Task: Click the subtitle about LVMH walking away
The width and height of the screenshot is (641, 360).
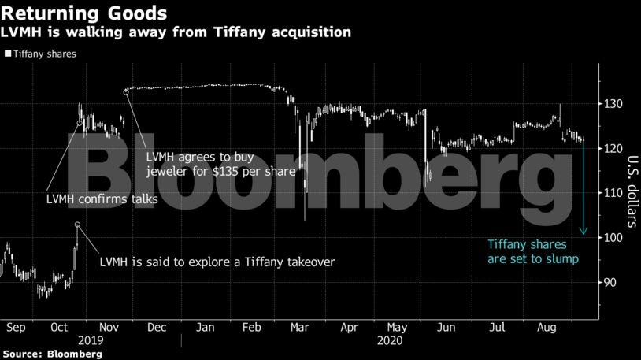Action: [x=177, y=33]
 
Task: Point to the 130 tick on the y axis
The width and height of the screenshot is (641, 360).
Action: [x=613, y=104]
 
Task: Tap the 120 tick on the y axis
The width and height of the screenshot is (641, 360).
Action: [x=613, y=149]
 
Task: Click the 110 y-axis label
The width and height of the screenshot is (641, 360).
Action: [x=613, y=193]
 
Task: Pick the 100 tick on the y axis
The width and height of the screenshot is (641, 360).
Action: [x=613, y=238]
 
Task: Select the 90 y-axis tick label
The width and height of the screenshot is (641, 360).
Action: [x=610, y=282]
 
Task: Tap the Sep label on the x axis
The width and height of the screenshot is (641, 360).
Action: [x=17, y=325]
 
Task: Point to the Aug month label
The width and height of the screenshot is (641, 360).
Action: [x=543, y=325]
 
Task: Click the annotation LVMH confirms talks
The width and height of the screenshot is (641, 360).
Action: [x=102, y=200]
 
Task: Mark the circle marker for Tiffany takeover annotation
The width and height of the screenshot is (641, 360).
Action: [x=78, y=225]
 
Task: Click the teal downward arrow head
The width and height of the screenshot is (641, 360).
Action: [x=584, y=232]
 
